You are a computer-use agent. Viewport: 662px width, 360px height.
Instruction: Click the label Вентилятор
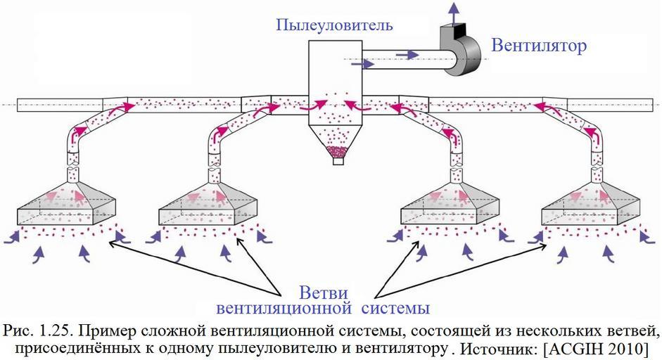[539, 46]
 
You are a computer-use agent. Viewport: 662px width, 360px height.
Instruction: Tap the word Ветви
[324, 292]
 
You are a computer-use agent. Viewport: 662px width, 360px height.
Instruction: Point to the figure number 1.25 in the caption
[54, 330]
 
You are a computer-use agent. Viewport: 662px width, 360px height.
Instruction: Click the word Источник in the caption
[499, 349]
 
